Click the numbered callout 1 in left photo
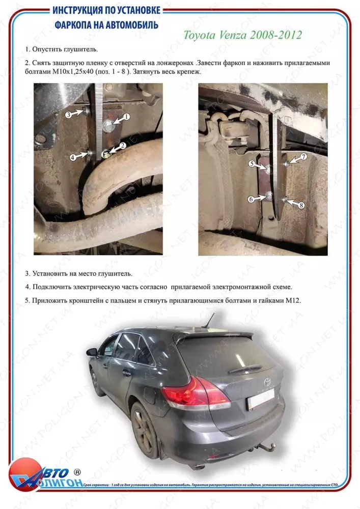pyautogui.click(x=126, y=117)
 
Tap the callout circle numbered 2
pyautogui.click(x=123, y=146)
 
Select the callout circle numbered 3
pyautogui.click(x=68, y=115)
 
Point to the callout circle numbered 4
pyautogui.click(x=73, y=158)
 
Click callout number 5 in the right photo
pyautogui.click(x=252, y=163)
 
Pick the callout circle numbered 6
pyautogui.click(x=251, y=200)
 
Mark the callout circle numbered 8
pyautogui.click(x=301, y=205)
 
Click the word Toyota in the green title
pyautogui.click(x=201, y=35)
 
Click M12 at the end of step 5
pyautogui.click(x=293, y=301)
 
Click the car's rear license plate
pyautogui.click(x=260, y=399)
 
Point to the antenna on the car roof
pyautogui.click(x=208, y=321)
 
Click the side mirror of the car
pyautogui.click(x=92, y=352)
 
